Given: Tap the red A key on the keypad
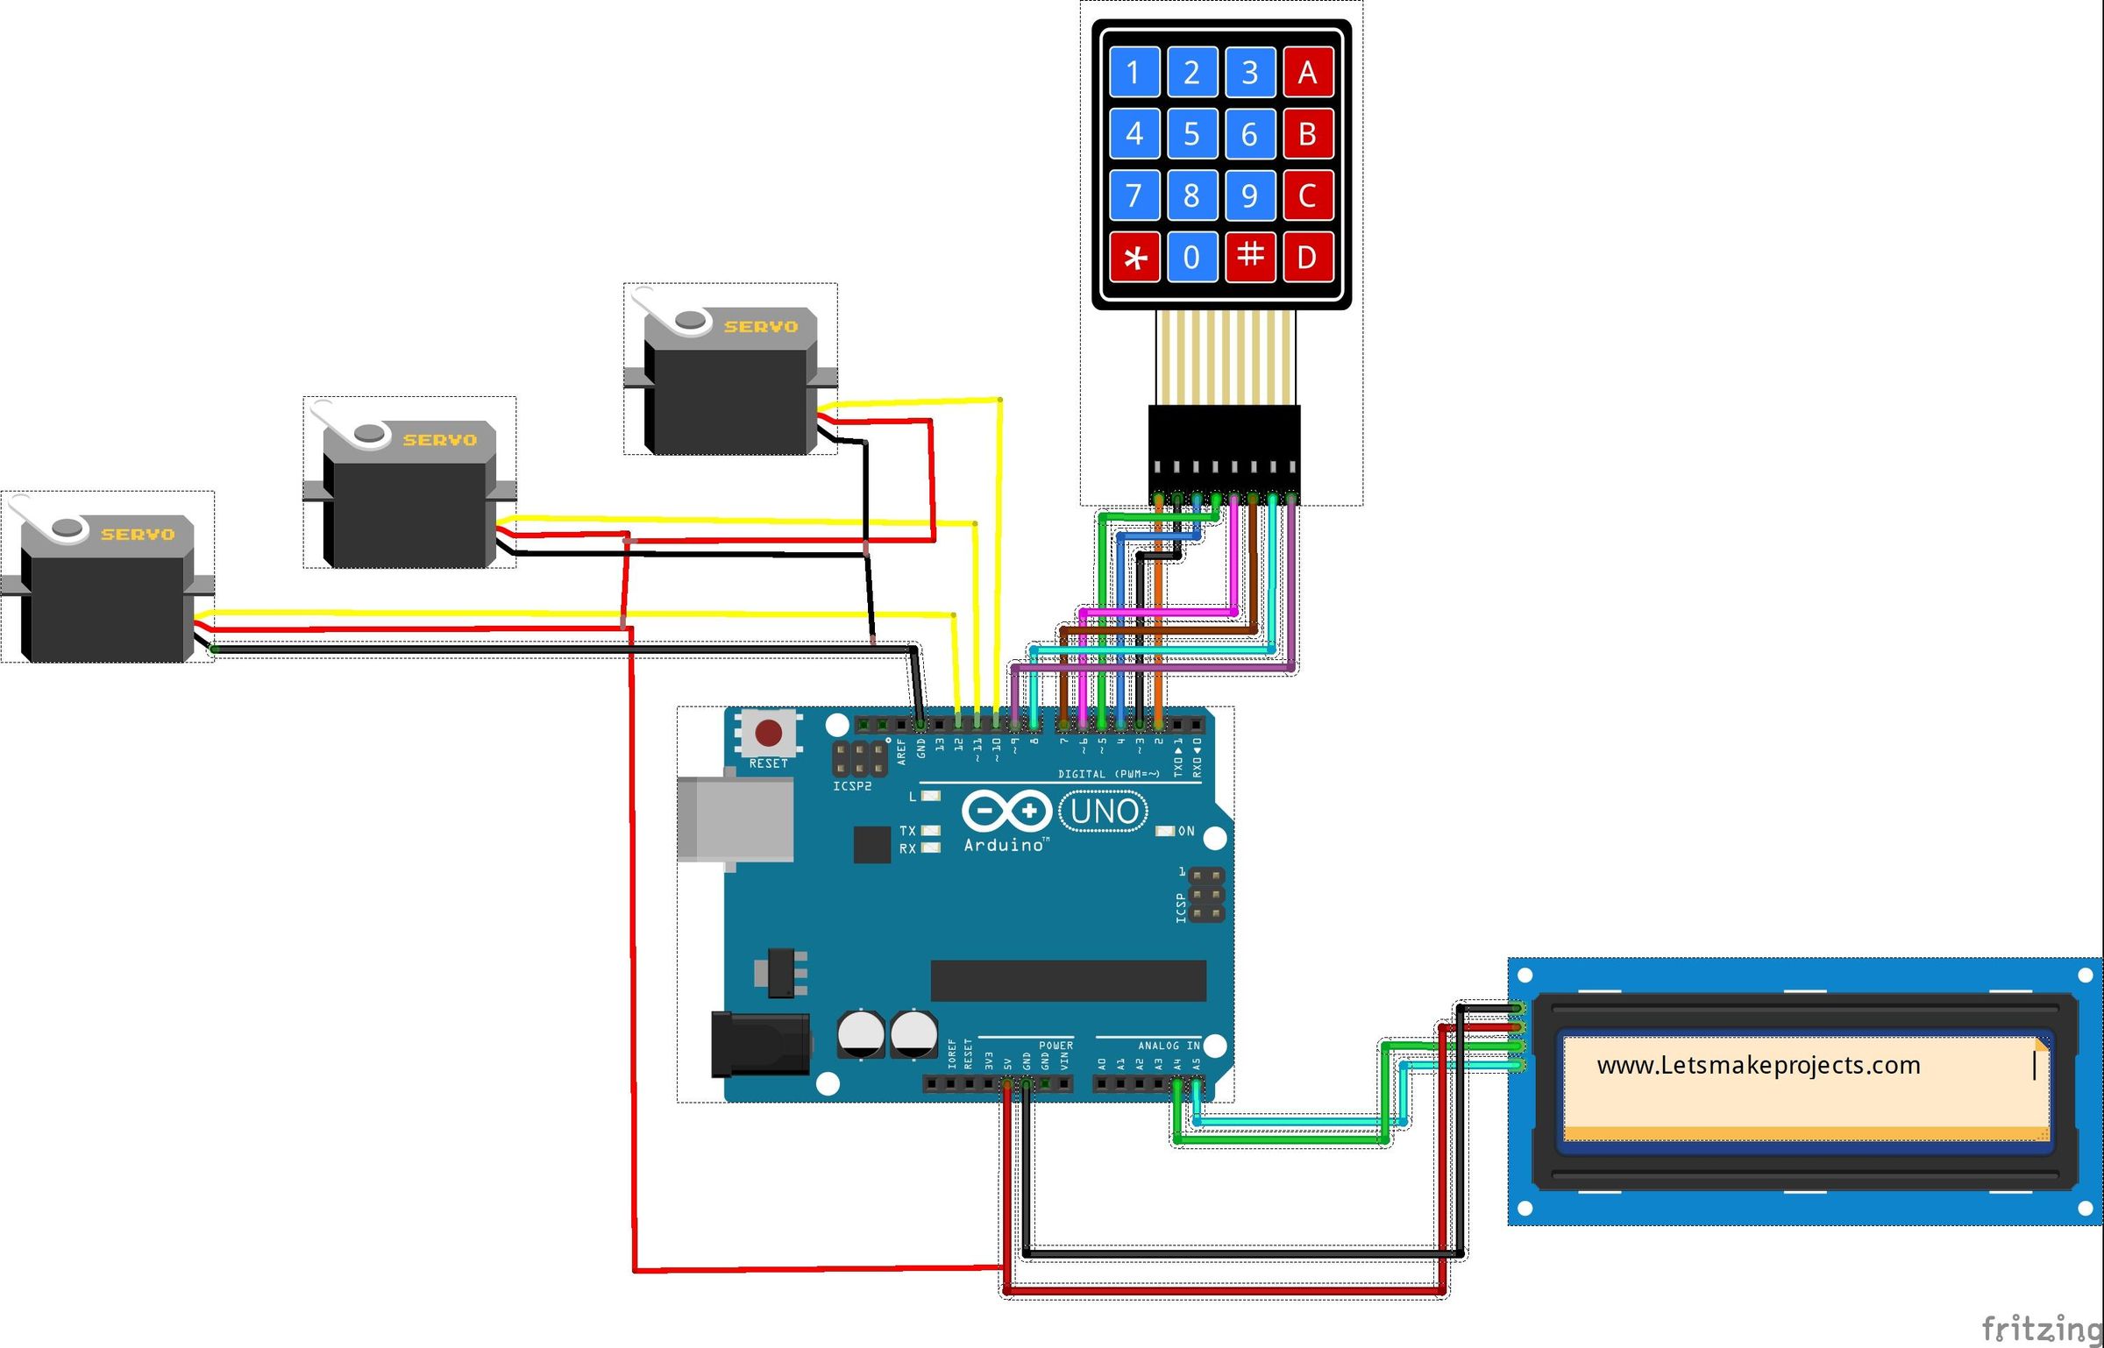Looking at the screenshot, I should [x=1307, y=72].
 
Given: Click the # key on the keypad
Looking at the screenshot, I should [x=1249, y=256].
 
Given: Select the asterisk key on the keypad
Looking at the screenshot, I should [x=1134, y=257].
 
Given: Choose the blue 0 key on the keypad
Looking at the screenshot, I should [x=1191, y=257].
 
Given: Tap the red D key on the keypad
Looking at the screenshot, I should [x=1307, y=257].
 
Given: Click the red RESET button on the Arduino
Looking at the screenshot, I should [x=769, y=732].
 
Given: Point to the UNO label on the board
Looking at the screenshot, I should [x=1104, y=812].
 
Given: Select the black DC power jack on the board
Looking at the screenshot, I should [x=759, y=1043].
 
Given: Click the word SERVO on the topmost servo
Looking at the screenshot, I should [x=760, y=327].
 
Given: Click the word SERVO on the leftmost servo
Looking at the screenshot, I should [x=138, y=535].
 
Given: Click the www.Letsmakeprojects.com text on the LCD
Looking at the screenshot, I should [x=1758, y=1066].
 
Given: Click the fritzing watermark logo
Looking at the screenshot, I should [x=2041, y=1328].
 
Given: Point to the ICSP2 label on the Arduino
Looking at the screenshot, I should [x=851, y=786].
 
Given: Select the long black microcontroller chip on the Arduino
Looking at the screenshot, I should [x=1068, y=980].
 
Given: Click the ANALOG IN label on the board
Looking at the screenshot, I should [x=1168, y=1046].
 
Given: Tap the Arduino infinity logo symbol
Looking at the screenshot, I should [x=1006, y=811].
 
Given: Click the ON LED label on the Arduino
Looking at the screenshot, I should [x=1185, y=831].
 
